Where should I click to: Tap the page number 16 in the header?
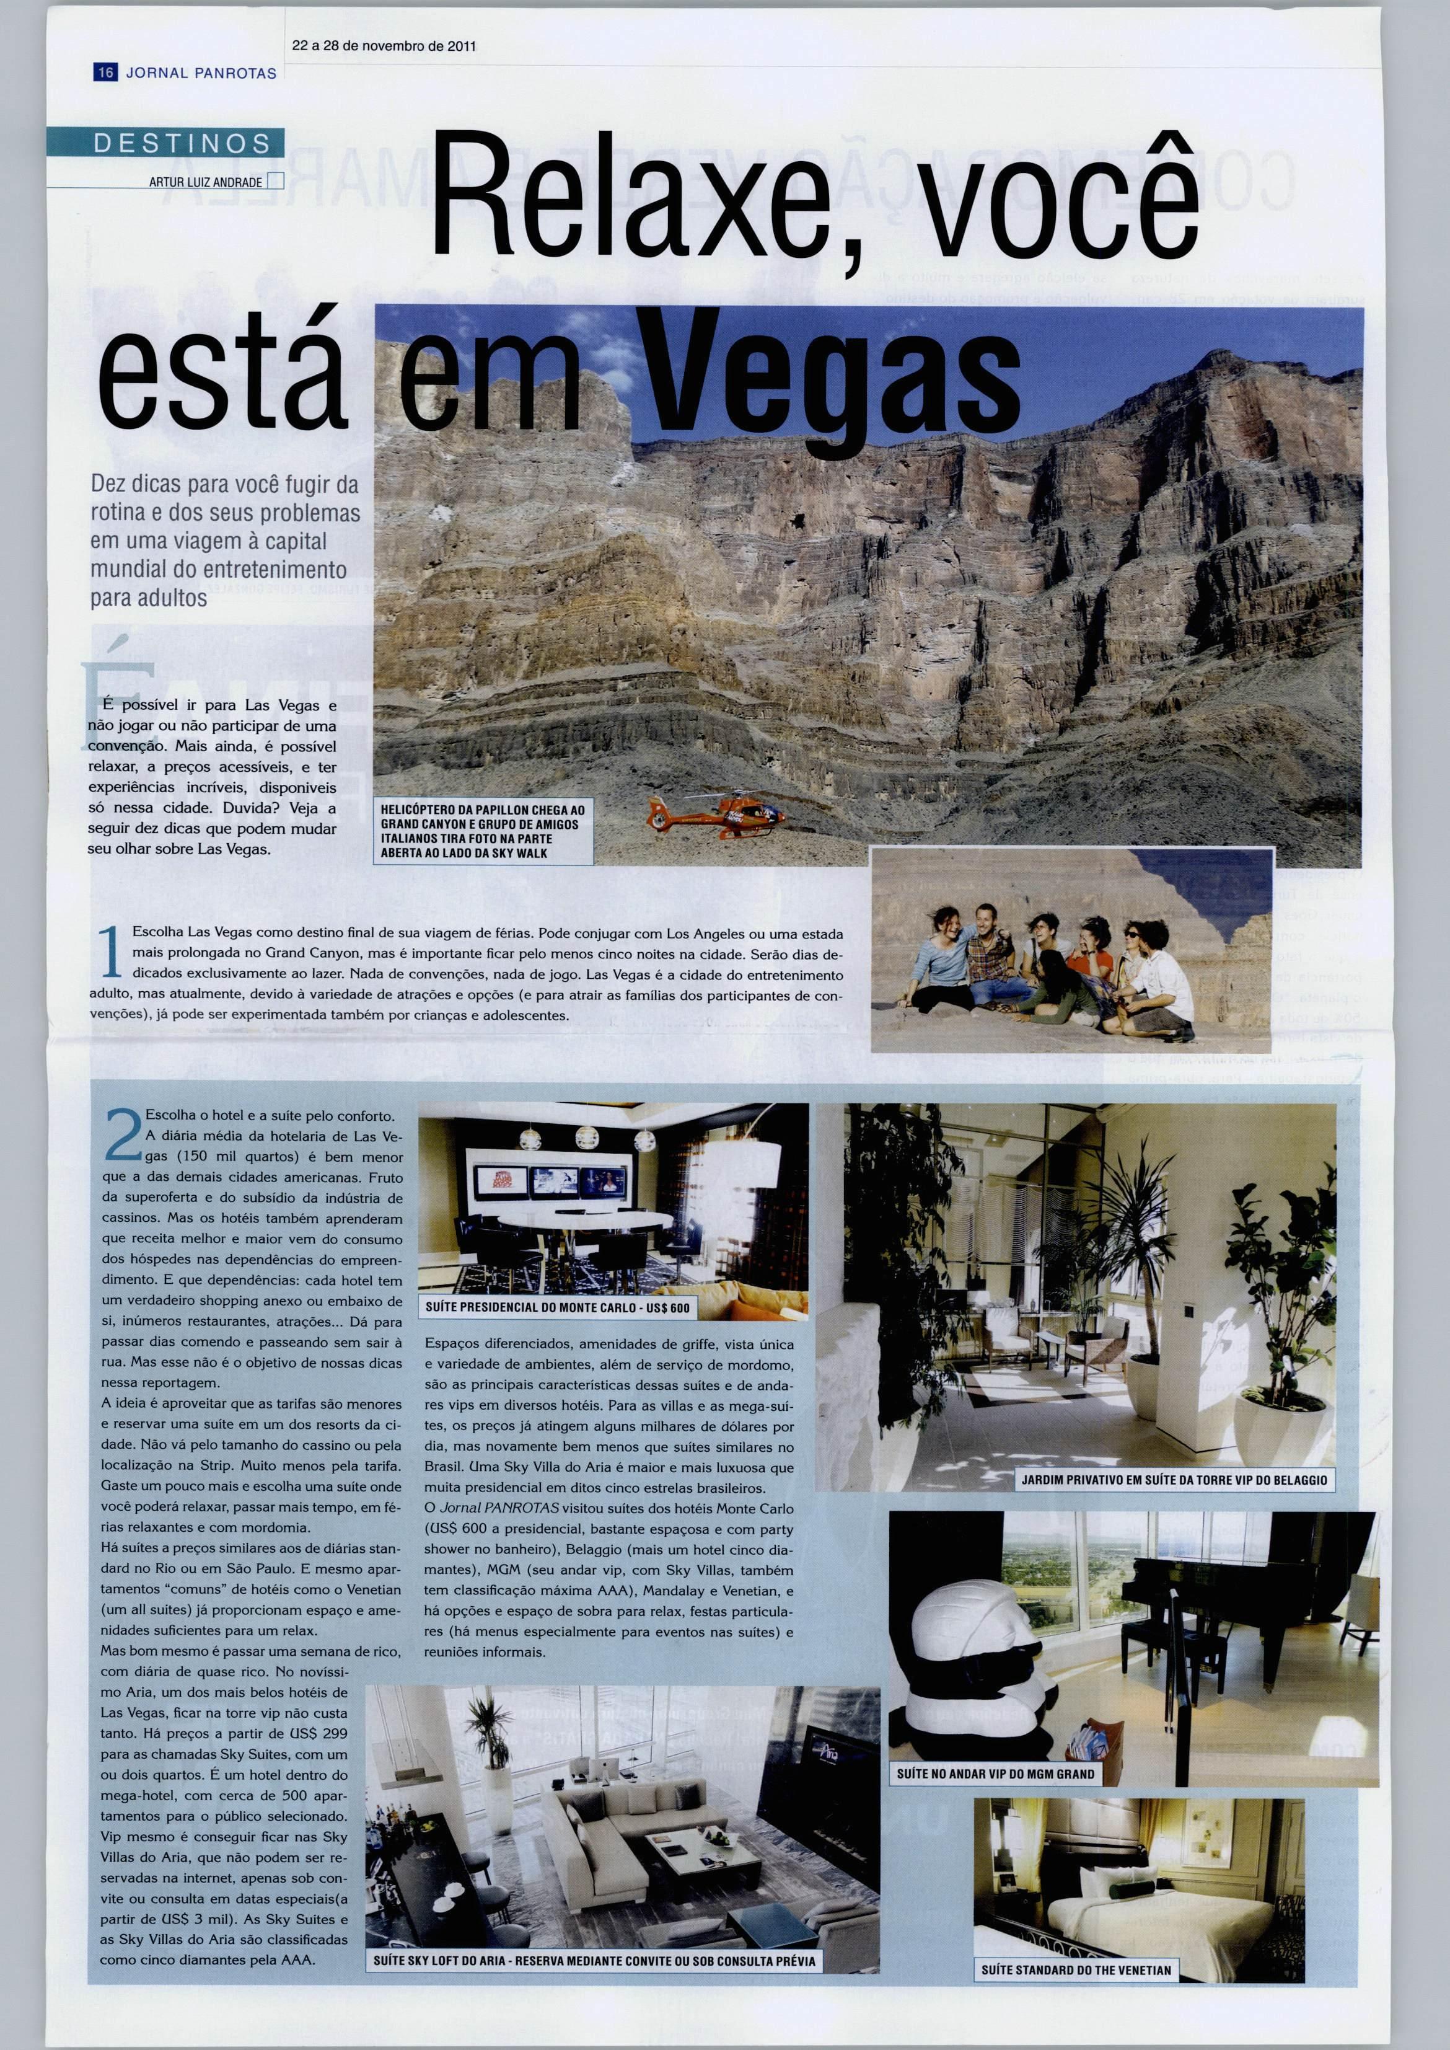[x=105, y=73]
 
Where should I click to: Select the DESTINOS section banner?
[x=182, y=144]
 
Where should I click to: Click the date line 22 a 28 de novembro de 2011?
[x=382, y=46]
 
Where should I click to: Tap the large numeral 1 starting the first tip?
[x=111, y=954]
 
